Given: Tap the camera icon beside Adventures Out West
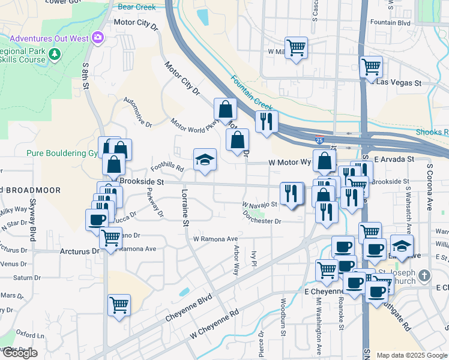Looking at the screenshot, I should point(97,38).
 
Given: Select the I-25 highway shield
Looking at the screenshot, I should point(319,141).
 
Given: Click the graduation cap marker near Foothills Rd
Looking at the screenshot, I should point(205,160).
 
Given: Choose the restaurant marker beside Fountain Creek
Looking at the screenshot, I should point(266,121).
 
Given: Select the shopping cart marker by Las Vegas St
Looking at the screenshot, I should point(372,67).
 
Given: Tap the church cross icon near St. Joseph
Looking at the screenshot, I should point(424,275).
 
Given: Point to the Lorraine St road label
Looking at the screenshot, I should point(185,209).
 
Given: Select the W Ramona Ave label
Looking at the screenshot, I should point(215,239).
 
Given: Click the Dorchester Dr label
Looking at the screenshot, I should point(262,221).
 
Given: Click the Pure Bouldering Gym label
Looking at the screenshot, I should point(62,153).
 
